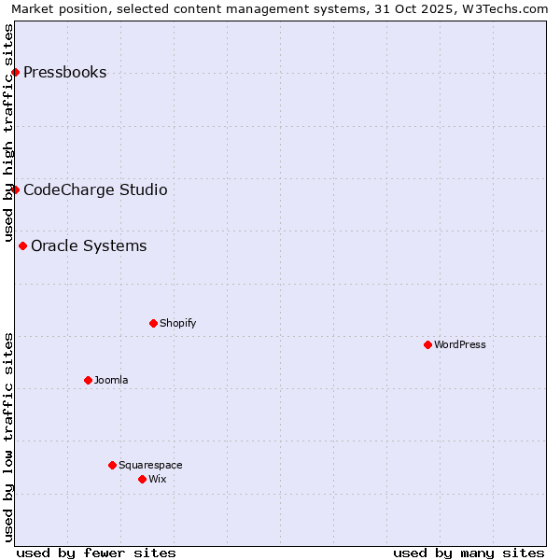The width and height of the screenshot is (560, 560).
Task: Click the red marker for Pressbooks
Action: click(15, 73)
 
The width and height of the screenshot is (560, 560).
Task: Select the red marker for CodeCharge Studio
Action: click(15, 190)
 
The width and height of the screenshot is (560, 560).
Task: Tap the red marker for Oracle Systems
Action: click(22, 246)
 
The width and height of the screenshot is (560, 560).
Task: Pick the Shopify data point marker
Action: click(153, 324)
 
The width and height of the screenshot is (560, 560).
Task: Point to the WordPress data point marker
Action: click(427, 345)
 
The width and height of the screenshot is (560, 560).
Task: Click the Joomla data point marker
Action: click(88, 381)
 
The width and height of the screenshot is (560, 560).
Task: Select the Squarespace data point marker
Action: click(112, 466)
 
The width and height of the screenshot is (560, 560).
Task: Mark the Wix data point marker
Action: click(142, 480)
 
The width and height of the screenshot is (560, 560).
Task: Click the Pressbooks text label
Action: click(64, 73)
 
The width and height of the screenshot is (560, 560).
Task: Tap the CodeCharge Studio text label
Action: click(95, 190)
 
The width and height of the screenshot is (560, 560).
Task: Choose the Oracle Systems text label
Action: click(89, 246)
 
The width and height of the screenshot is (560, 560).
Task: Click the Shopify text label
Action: click(177, 324)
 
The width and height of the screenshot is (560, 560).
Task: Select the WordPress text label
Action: click(460, 345)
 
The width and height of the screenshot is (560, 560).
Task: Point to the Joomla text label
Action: click(111, 381)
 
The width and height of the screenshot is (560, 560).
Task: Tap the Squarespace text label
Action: click(150, 466)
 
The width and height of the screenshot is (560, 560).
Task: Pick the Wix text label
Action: click(158, 480)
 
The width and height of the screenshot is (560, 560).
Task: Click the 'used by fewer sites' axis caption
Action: click(96, 553)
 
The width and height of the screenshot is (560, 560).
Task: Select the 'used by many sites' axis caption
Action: click(469, 553)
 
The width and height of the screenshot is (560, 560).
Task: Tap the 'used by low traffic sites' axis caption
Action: click(9, 436)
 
